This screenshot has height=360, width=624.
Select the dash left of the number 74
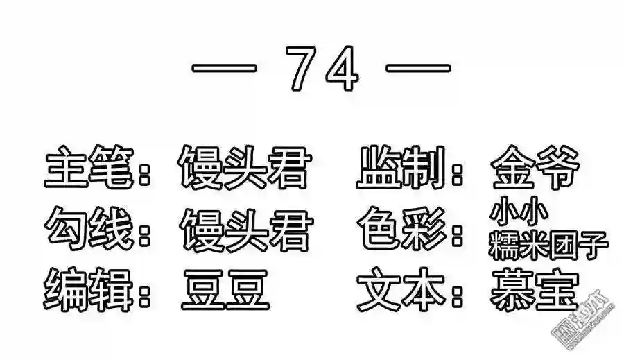(x=225, y=69)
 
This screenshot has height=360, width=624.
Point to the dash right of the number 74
(x=418, y=69)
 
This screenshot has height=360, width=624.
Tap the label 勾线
(x=88, y=230)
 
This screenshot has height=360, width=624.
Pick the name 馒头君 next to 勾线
(x=242, y=230)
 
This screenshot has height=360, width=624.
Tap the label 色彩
(x=399, y=230)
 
